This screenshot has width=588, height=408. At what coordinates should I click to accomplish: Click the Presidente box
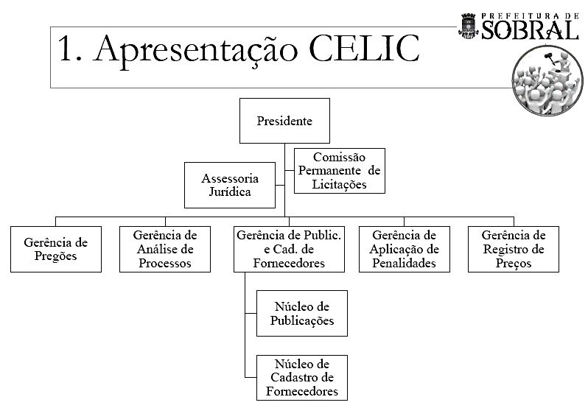coord(284,121)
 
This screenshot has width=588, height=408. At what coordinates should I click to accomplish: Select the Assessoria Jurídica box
coord(229,185)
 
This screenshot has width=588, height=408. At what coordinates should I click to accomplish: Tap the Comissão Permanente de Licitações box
coord(340,171)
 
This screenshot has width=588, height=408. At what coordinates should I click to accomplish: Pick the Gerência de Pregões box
coord(56,249)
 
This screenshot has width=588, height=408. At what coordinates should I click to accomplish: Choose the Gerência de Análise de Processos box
coord(165,249)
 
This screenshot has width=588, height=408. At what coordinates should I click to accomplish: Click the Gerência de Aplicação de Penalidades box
coord(404,249)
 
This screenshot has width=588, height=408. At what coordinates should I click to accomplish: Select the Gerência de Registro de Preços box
coord(514,249)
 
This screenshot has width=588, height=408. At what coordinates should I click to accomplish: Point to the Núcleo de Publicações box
coord(301,313)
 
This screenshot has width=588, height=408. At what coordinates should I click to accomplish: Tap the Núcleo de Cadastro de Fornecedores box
coord(301,377)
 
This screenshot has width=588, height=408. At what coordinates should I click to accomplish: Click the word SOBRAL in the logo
coord(531,29)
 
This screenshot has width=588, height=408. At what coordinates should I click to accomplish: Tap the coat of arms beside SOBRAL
coord(469,25)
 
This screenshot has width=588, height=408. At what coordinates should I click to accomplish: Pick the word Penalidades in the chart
coord(404,263)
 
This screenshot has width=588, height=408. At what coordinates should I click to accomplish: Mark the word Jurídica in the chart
coord(229,192)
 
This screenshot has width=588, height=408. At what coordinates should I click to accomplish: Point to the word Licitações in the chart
coord(340,184)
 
